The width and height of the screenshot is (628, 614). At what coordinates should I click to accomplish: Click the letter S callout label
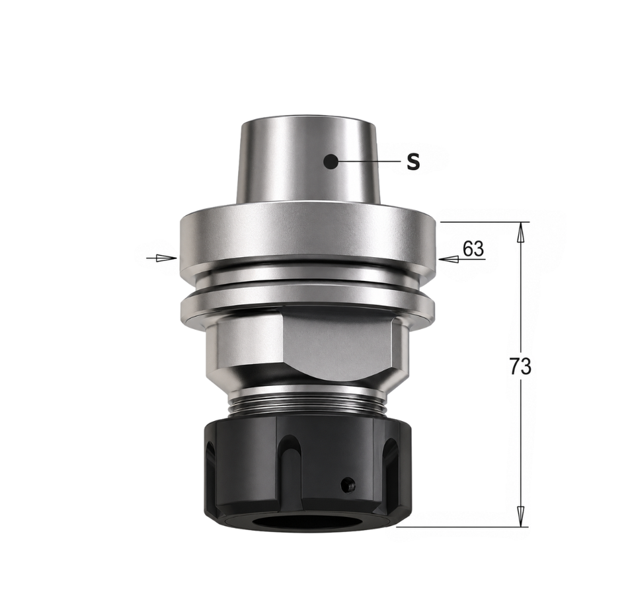coord(413,162)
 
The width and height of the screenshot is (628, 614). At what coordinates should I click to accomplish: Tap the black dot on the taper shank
coord(331,162)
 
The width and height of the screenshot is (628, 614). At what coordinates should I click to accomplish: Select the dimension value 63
coord(473,249)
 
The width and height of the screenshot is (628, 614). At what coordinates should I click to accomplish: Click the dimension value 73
coord(521,366)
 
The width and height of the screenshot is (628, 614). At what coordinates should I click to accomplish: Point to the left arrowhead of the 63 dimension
coord(167,258)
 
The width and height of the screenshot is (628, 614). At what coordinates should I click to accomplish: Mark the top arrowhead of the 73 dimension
coord(520,232)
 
